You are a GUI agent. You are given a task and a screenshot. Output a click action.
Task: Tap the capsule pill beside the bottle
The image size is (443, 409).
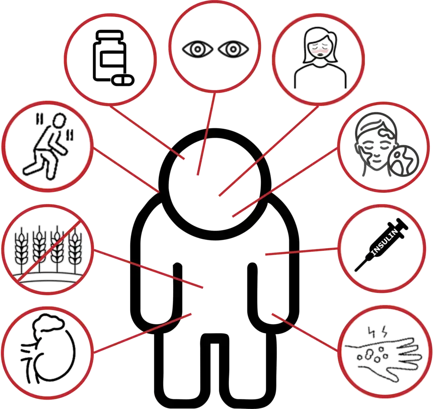(122, 80)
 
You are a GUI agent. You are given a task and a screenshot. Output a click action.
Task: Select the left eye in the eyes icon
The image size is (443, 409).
(197, 49)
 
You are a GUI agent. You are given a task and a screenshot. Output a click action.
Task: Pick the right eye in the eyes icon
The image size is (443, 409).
(233, 49)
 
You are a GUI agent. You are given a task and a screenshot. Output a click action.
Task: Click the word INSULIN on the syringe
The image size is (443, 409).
(384, 243)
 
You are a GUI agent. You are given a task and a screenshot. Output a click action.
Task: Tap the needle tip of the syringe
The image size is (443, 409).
(356, 270)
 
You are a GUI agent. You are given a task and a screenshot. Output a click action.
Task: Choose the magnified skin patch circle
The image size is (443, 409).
(403, 160)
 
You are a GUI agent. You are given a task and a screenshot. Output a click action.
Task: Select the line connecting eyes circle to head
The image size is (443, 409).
(206, 134)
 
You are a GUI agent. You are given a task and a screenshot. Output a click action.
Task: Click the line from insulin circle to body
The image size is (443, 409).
(301, 252)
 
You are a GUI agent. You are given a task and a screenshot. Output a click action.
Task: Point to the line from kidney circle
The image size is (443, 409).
(142, 333)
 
